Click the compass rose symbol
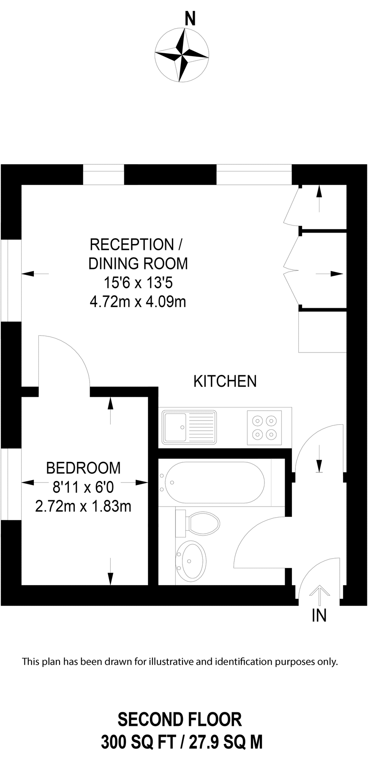click(x=182, y=55)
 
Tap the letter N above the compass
click(x=191, y=19)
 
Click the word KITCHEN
click(x=225, y=381)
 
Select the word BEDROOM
click(x=83, y=468)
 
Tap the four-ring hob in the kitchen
click(x=264, y=427)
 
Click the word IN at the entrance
click(x=319, y=616)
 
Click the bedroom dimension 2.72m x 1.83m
click(x=83, y=506)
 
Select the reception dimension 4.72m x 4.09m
click(x=138, y=301)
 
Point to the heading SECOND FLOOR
click(x=180, y=719)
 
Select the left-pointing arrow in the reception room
click(x=35, y=274)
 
